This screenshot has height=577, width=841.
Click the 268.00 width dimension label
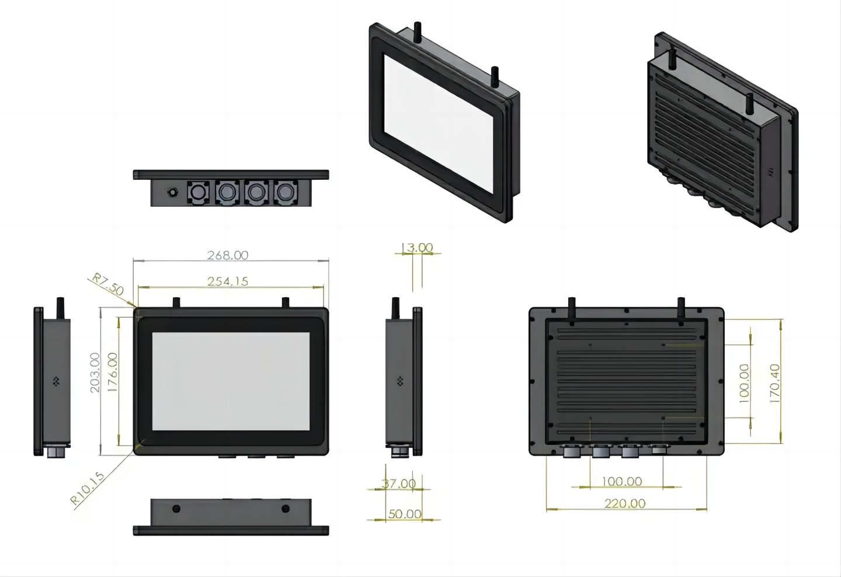(x=228, y=255)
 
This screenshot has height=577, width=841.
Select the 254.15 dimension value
(x=228, y=281)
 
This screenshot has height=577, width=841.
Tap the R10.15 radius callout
(x=88, y=488)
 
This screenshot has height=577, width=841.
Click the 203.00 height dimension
(x=95, y=373)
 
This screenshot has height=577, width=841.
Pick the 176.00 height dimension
(x=112, y=373)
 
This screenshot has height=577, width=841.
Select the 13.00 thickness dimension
(x=417, y=248)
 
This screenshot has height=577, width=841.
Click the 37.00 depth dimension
(x=399, y=484)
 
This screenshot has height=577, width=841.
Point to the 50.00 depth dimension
(x=405, y=514)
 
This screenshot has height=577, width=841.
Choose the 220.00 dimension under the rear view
(x=625, y=503)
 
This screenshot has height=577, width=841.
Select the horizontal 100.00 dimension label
(x=621, y=482)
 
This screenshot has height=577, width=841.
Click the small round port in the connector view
(x=173, y=193)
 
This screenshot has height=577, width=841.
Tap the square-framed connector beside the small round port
(x=197, y=192)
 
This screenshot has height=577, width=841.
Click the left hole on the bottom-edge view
(x=176, y=509)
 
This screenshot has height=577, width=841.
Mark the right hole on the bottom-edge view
(x=286, y=509)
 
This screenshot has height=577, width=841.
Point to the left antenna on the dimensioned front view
(x=175, y=303)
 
